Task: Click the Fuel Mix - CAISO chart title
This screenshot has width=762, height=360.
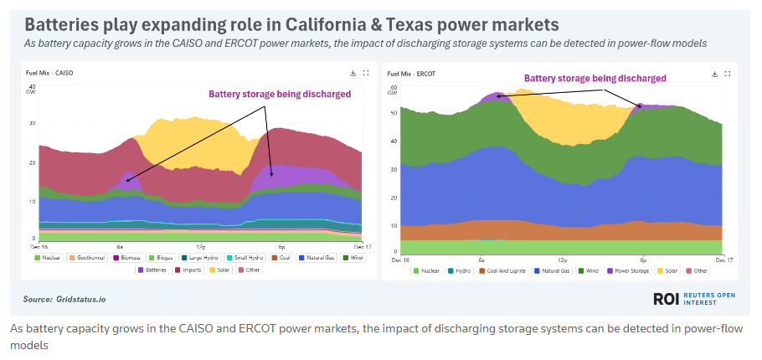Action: tap(49, 74)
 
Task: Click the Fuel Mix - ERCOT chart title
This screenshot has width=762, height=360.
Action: tap(413, 74)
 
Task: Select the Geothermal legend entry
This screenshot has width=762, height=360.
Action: tap(87, 258)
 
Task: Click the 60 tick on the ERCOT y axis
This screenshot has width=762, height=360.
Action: tap(394, 87)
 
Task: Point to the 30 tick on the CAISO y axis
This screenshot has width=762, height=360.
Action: tap(31, 123)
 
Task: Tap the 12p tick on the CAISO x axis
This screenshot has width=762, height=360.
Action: tap(200, 248)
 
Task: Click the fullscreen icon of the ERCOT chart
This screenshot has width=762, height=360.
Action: tap(727, 74)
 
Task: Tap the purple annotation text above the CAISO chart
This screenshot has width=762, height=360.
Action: tap(279, 95)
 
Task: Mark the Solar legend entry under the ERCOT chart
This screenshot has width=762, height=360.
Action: tap(668, 270)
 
